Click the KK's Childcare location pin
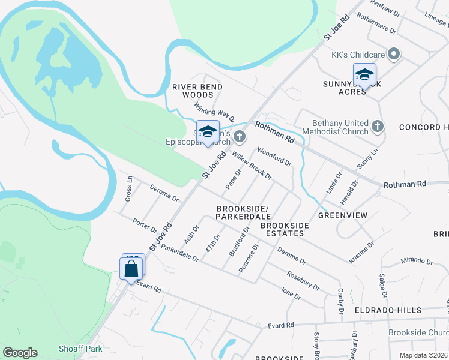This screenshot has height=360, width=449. click(394, 54)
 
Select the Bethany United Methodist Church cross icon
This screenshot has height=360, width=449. click(377, 126)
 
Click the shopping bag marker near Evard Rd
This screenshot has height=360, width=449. click(131, 269)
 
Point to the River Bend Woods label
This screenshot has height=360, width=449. click(197, 91)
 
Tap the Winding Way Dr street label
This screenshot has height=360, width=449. click(214, 112)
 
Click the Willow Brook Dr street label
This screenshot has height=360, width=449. click(253, 166)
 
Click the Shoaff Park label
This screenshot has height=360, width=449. click(80, 349)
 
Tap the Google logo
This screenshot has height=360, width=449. click(20, 353)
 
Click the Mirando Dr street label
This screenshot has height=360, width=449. click(417, 262)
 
